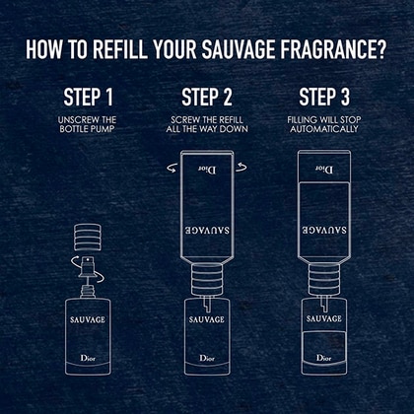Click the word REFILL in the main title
point(119,50)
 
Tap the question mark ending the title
point(381,50)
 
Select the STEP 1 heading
point(88,97)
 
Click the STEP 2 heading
point(207,97)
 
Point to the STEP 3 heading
point(324,97)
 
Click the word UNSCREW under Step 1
point(75,119)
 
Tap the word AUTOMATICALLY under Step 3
point(324,129)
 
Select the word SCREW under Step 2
point(184,119)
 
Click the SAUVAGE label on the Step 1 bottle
point(88,319)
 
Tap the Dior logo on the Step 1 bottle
point(88,358)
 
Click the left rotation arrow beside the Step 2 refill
point(172,169)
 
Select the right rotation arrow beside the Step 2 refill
point(241,168)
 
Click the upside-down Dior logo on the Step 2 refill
point(207,170)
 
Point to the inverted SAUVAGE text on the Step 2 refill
point(207,230)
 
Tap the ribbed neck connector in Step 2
point(207,279)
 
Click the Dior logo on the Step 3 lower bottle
point(324,358)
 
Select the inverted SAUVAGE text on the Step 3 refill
point(324,230)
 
